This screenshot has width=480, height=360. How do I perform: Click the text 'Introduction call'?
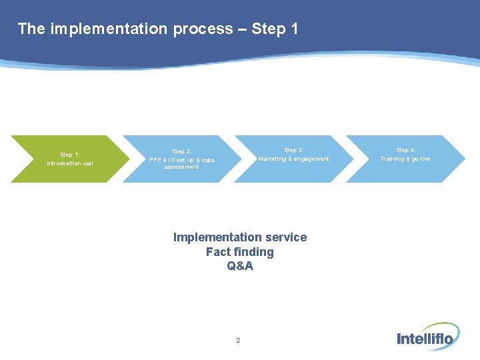point(70,163)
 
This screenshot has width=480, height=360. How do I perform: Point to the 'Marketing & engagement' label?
point(293,159)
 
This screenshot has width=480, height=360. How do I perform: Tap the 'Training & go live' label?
point(405,159)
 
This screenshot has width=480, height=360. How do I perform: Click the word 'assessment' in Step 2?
point(181,167)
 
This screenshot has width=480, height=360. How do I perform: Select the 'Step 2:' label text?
point(181,152)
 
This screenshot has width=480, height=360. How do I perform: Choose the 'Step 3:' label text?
point(293,151)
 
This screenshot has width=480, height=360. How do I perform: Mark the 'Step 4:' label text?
point(405,151)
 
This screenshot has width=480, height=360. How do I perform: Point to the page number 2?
point(238,341)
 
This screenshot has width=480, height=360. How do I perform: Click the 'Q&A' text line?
point(240,267)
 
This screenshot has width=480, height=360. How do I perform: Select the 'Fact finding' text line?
point(240,252)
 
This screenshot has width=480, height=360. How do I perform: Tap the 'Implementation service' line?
point(240,237)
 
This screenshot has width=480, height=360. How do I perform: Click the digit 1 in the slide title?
point(294,29)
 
